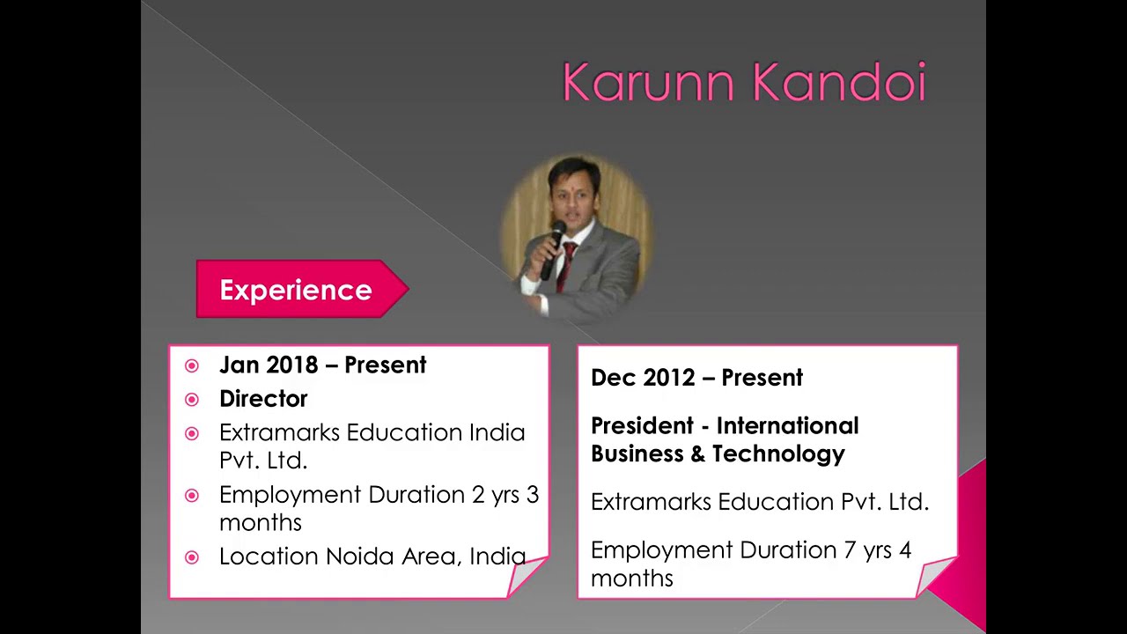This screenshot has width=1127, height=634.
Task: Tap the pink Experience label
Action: [x=296, y=290]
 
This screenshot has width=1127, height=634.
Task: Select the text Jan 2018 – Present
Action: [x=322, y=365]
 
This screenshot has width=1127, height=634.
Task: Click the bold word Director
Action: [x=263, y=399]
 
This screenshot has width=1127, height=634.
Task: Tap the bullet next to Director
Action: [x=192, y=400]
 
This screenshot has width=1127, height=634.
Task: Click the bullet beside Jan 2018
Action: [x=192, y=366]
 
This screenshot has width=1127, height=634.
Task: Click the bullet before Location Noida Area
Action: [x=192, y=557]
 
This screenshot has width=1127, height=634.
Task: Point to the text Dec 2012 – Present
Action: [x=696, y=378]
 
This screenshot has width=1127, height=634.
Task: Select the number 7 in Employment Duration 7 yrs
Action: [x=850, y=550]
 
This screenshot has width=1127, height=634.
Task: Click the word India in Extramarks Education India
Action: [x=497, y=432]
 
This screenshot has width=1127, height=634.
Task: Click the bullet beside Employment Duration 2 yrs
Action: [x=192, y=496]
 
